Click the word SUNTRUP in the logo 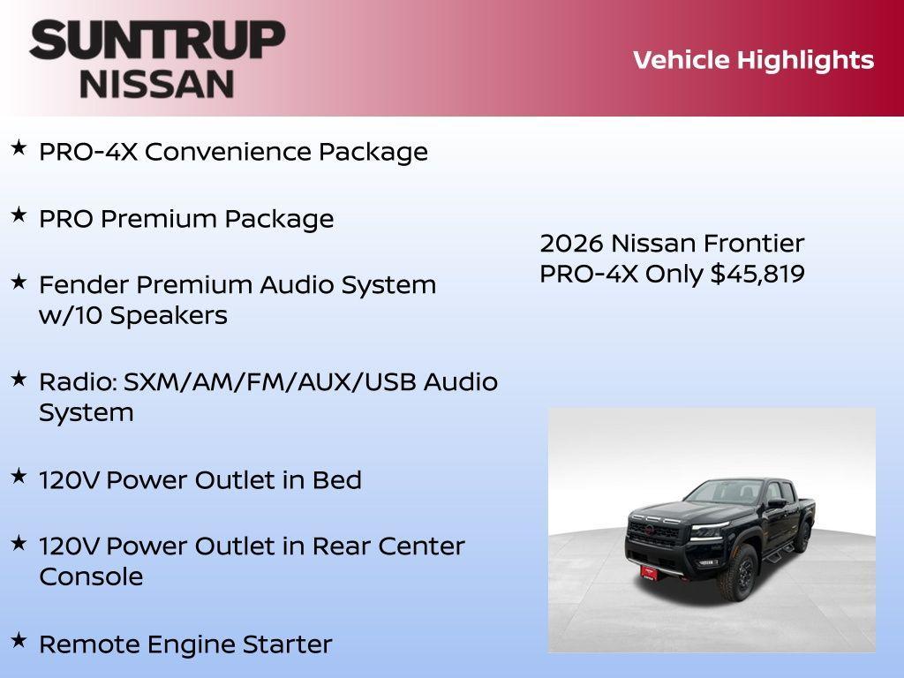157,41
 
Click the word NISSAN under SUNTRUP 157,83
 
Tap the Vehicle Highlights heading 753,60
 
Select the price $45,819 757,274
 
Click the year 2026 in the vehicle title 571,243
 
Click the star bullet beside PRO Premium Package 19,215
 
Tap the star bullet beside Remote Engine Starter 19,640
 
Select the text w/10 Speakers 132,315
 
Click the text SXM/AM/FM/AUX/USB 270,382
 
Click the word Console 91,576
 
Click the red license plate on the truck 652,571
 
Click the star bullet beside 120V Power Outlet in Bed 19,476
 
